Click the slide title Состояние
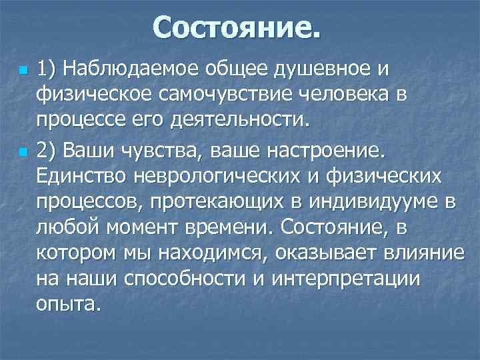237,28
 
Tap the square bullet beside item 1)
23,69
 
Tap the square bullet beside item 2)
23,152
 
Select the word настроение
323,151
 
